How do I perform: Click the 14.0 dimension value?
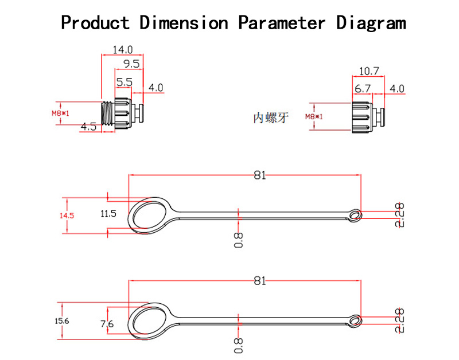(122, 49)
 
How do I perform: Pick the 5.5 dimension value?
(124, 83)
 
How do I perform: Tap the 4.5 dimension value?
(88, 127)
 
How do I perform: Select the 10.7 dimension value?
(369, 71)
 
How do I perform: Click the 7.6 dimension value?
(107, 324)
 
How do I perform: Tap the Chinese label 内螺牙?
(271, 118)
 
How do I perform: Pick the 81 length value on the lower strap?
(260, 280)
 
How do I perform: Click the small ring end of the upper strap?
(356, 215)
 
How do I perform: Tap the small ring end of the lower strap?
(356, 320)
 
